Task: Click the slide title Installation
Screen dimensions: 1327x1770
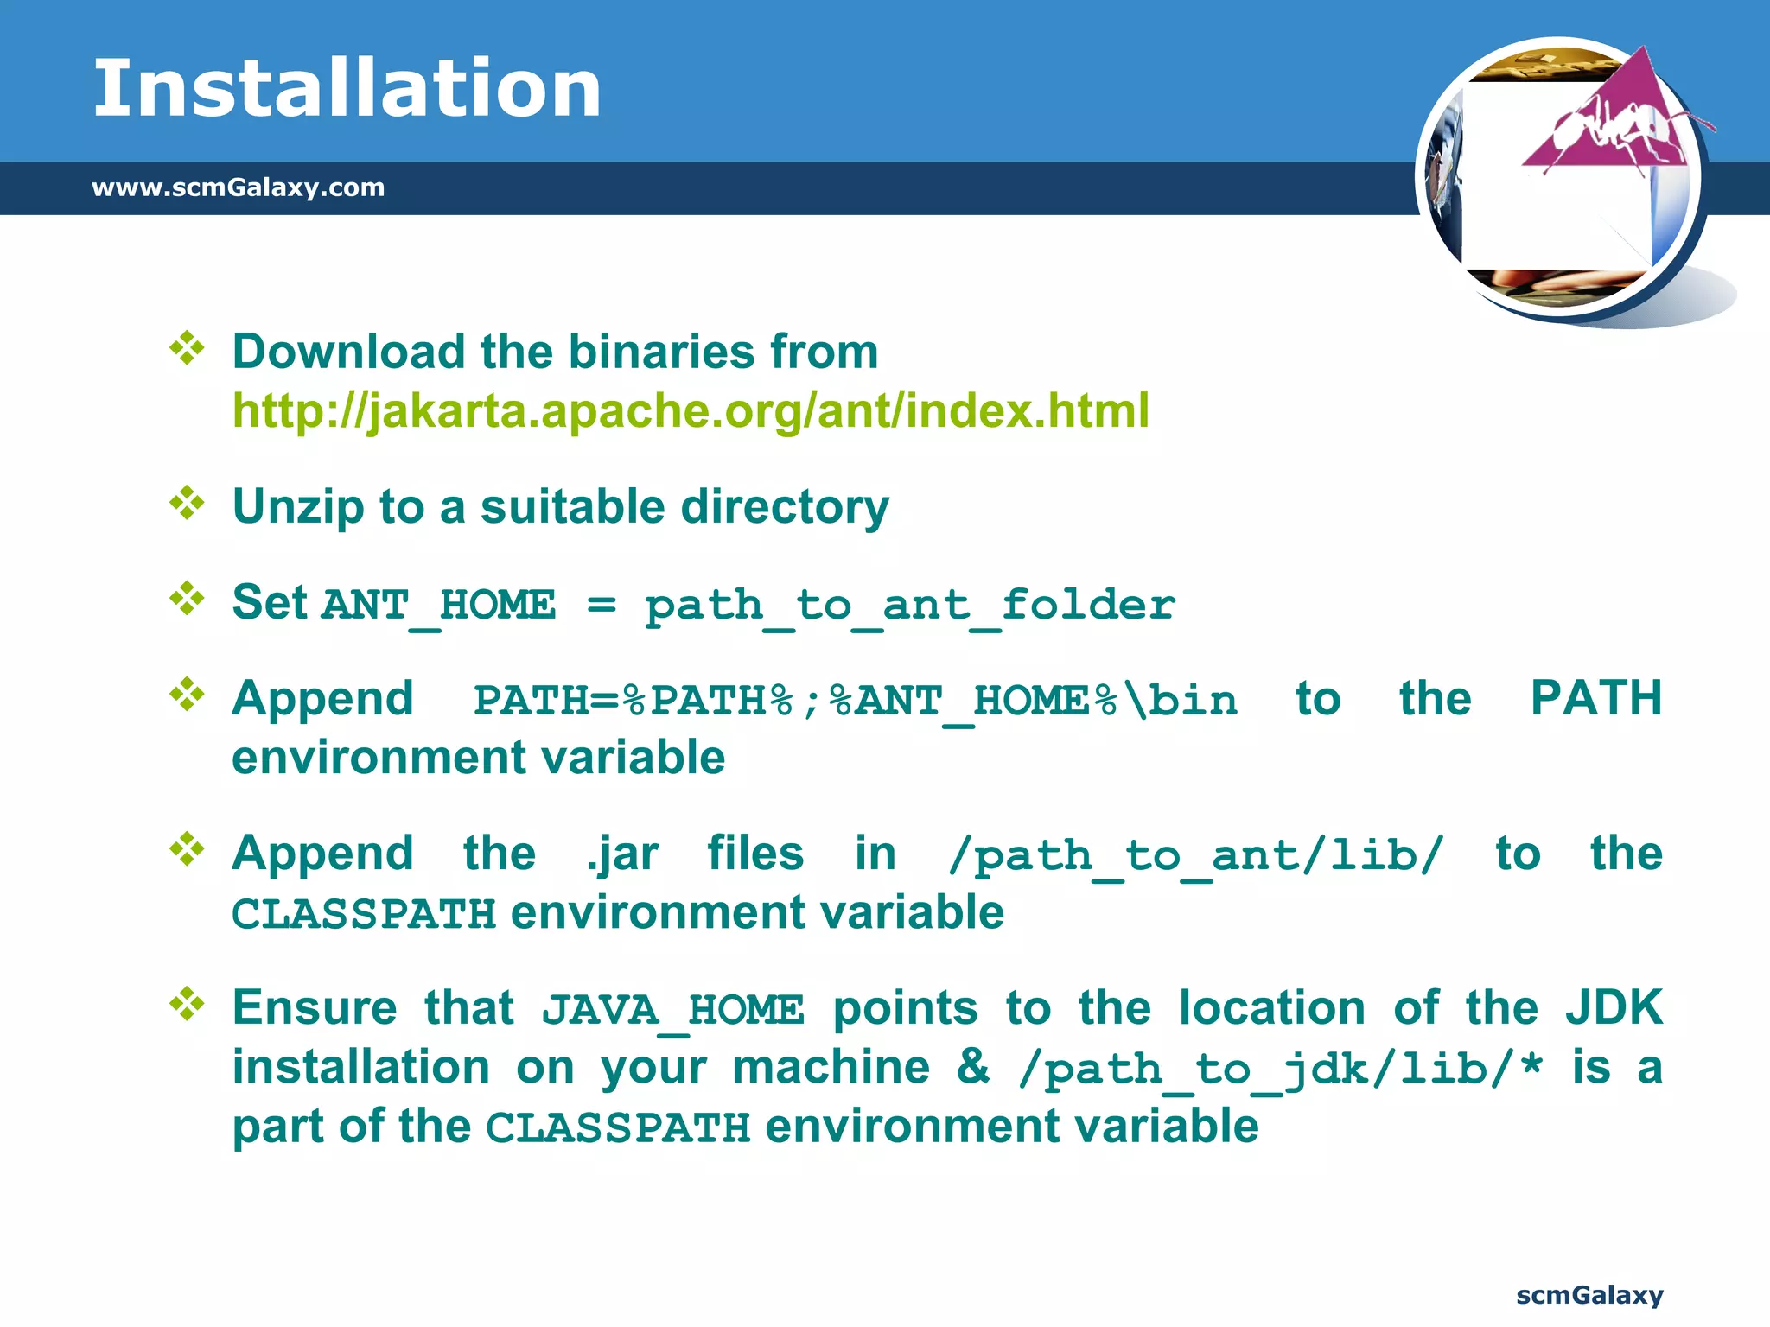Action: pos(347,88)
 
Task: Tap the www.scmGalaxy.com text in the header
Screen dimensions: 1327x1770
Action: pos(238,187)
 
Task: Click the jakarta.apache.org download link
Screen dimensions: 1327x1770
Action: pos(691,410)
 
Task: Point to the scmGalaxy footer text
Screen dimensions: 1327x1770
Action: pos(1589,1295)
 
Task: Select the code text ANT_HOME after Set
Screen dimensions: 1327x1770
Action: pos(438,605)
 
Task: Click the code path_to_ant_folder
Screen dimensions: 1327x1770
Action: pos(909,605)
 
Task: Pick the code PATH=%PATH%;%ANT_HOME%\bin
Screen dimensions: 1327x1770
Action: pos(856,701)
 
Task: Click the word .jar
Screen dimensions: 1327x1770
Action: pos(622,854)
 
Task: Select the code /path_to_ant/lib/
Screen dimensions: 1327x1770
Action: pos(1196,856)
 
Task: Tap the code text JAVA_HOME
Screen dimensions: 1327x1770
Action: pos(672,1010)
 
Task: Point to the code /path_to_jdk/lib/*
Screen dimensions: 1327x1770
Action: pos(1280,1070)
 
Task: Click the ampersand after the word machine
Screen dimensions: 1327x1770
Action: pos(973,1067)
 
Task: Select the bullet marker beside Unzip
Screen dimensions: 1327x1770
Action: pos(187,503)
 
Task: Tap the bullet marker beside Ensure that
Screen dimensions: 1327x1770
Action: pos(187,1004)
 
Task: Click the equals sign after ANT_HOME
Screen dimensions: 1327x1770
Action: pos(602,605)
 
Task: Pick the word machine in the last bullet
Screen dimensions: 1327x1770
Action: pos(831,1068)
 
